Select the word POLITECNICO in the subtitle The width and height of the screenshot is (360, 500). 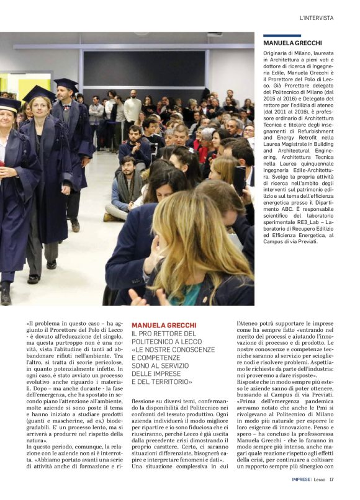point(155,341)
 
